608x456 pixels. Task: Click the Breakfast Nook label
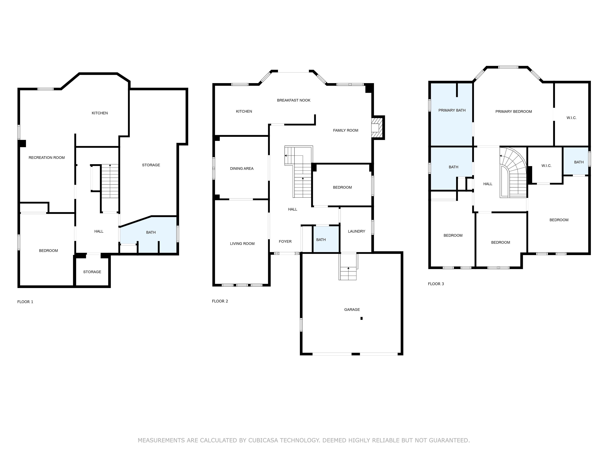coord(294,100)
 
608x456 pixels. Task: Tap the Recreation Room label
coord(47,158)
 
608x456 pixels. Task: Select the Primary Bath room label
coord(452,110)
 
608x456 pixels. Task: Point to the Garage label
coord(352,310)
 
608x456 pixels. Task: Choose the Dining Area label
coord(242,168)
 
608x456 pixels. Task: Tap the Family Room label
coord(345,130)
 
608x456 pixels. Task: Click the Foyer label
coord(285,241)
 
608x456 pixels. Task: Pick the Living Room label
coord(242,244)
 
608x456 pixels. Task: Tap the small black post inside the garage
coord(361,318)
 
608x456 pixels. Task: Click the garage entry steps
coord(348,267)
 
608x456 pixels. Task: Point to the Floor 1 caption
coord(25,302)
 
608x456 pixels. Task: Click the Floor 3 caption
coord(436,284)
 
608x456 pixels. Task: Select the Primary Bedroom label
coord(513,111)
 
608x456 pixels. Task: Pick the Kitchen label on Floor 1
coord(100,113)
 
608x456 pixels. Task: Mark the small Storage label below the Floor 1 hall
coord(92,272)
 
